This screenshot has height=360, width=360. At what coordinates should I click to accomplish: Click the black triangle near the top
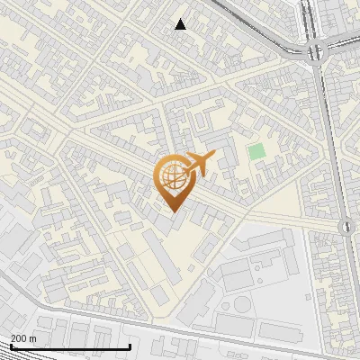[x=181, y=24]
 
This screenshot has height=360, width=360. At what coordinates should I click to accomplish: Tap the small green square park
[x=257, y=151]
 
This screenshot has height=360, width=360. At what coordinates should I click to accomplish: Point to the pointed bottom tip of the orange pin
[x=171, y=211]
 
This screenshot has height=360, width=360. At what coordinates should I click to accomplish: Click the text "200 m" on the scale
[x=23, y=338]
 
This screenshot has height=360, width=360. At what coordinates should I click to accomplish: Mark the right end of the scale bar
[x=130, y=346]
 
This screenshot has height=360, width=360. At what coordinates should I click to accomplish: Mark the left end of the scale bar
[x=10, y=346]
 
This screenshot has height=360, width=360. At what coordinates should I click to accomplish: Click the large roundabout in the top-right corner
[x=318, y=50]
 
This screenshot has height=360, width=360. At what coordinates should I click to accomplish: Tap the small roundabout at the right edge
[x=346, y=226]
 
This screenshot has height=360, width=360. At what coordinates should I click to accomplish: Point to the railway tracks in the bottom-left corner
[x=27, y=297]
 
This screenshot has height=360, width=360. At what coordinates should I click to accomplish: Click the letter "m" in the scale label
[x=33, y=338]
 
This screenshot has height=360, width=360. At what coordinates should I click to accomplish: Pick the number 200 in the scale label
[x=19, y=338]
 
